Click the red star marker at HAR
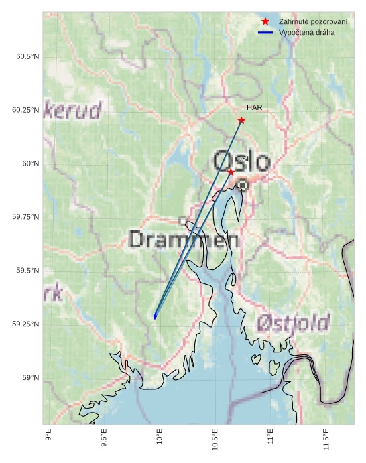pyautogui.click(x=241, y=121)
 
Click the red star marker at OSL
pyautogui.click(x=231, y=172)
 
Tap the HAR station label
pyautogui.click(x=254, y=107)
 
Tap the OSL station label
pyautogui.click(x=243, y=159)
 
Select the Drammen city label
pyautogui.click(x=184, y=239)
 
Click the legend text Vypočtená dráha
pyautogui.click(x=306, y=32)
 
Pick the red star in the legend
pyautogui.click(x=265, y=22)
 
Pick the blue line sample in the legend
pyautogui.click(x=265, y=32)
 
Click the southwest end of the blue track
pyautogui.click(x=155, y=316)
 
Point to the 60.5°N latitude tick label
pyautogui.click(x=27, y=56)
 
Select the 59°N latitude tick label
pyautogui.click(x=32, y=378)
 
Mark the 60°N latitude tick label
pyautogui.click(x=32, y=163)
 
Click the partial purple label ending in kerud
pyautogui.click(x=72, y=110)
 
